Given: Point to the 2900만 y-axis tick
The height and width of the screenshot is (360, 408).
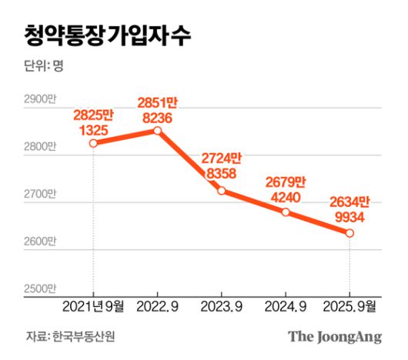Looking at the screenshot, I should click(x=41, y=99).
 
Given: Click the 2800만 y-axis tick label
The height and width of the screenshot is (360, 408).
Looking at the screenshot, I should click(x=41, y=146).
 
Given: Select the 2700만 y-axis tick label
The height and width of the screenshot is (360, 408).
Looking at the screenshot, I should click(x=41, y=194).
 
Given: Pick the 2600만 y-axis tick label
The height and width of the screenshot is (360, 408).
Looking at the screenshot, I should click(x=41, y=241).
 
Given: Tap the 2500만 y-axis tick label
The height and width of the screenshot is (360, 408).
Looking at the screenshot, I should click(x=41, y=288).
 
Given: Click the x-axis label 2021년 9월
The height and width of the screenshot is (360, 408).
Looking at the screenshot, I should click(x=93, y=307).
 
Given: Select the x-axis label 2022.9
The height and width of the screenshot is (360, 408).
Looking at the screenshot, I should click(x=158, y=307).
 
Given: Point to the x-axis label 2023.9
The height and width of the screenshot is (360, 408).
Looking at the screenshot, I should click(x=222, y=307).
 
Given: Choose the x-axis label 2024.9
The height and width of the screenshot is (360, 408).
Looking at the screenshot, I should click(x=286, y=307).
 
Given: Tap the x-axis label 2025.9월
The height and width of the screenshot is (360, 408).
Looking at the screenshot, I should click(x=350, y=307).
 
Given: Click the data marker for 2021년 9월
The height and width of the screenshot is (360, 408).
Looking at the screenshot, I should click(x=93, y=143).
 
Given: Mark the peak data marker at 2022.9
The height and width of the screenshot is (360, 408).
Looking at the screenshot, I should click(x=158, y=131).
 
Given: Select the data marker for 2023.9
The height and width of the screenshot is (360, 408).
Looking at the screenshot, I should click(x=222, y=191).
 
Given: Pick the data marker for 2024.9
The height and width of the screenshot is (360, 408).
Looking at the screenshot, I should click(x=286, y=212).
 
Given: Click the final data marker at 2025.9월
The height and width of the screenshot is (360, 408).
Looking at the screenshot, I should click(x=350, y=233).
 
